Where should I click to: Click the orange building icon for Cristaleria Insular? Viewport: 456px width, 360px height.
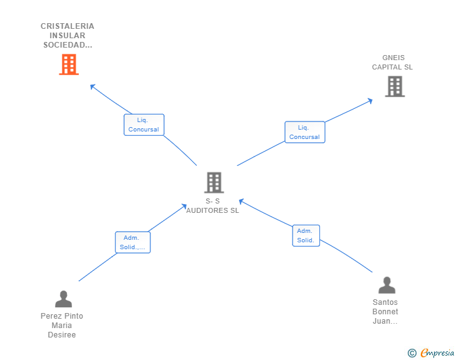coord(69,64)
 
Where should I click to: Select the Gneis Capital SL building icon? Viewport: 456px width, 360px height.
coord(395,86)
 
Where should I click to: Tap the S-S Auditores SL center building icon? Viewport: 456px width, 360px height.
coord(214,182)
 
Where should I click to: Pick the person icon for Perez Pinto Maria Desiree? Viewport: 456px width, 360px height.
coord(63,299)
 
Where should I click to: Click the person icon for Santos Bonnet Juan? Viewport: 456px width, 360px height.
coord(387,285)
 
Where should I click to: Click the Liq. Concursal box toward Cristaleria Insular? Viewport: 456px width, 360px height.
coord(143,125)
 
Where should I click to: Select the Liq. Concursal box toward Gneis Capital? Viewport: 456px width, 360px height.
coord(304,132)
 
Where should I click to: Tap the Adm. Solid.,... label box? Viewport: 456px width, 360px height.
coord(133,242)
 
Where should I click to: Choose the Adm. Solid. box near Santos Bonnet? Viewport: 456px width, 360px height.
coord(306,235)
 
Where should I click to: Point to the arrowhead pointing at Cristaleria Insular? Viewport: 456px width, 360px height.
coord(93,86)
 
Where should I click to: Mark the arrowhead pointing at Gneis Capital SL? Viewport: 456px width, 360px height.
coord(370,100)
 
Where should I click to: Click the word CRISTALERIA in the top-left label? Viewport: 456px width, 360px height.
coord(68,26)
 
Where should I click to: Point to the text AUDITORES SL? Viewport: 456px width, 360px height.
coord(212,210)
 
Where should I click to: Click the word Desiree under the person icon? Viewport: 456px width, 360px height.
coord(62,334)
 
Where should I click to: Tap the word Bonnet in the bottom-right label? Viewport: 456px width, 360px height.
coord(385,312)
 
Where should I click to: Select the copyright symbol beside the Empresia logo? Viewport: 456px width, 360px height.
coord(412,353)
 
